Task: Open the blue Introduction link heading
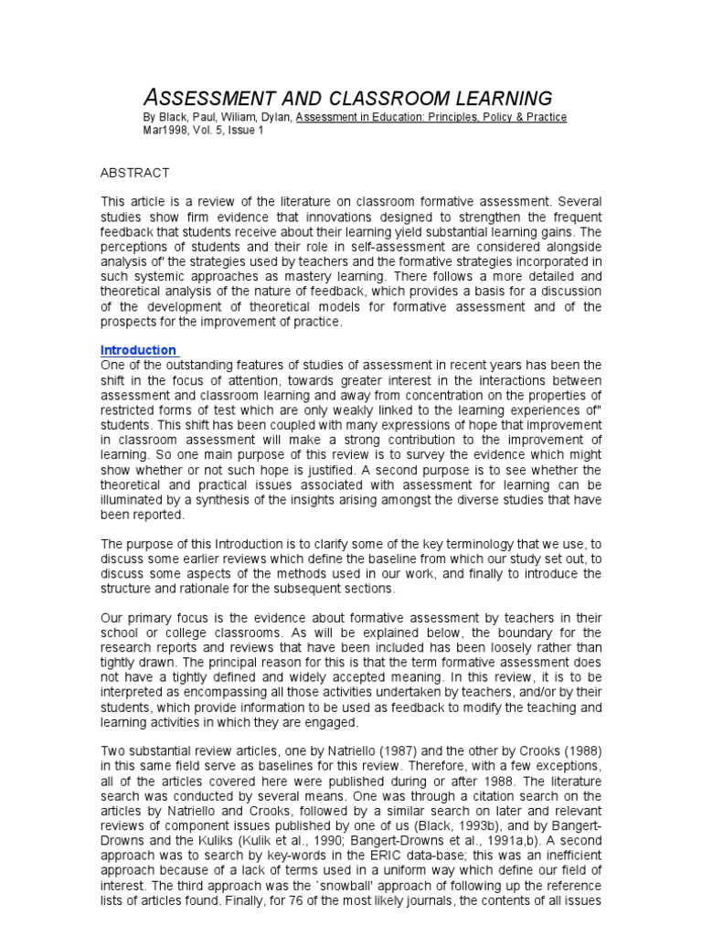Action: click(x=138, y=350)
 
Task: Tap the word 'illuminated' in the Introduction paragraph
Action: click(x=134, y=499)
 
